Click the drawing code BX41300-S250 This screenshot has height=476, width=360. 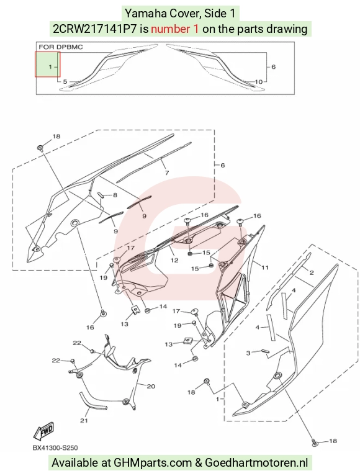click(55, 448)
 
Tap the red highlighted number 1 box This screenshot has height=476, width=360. click(47, 65)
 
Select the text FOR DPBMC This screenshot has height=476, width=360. click(61, 47)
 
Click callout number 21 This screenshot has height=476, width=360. click(84, 420)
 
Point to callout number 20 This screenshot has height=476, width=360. click(151, 387)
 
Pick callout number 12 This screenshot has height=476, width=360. click(174, 260)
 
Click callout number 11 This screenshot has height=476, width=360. click(265, 267)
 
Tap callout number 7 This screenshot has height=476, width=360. click(167, 173)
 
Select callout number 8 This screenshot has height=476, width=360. click(115, 195)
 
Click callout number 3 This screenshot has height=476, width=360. click(248, 353)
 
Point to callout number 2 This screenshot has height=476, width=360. click(312, 272)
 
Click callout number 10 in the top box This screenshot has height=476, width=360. click(259, 82)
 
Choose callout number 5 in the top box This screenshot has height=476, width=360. click(65, 82)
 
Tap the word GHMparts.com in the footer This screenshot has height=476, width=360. click(153, 462)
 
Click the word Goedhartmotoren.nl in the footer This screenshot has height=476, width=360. click(256, 462)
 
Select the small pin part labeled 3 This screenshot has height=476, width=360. click(265, 350)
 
